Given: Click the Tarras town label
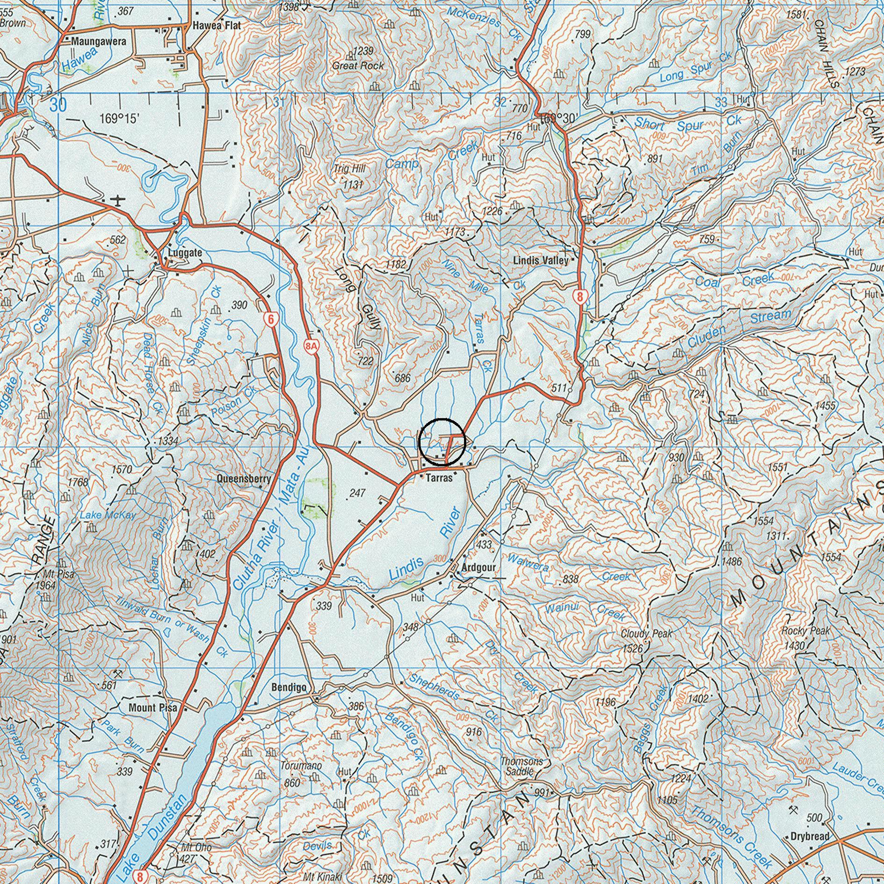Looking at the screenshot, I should tap(439, 478).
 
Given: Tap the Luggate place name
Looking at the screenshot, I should tap(185, 253).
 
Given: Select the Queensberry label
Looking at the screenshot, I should tap(244, 479).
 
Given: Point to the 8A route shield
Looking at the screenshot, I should tap(311, 346).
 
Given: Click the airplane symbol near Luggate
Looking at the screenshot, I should tap(118, 200).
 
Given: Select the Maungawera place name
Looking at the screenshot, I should tap(99, 42).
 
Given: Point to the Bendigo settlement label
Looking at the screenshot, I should tap(289, 688).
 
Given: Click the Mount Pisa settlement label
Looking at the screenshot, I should tap(153, 708).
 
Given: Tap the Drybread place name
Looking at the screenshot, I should tap(810, 837).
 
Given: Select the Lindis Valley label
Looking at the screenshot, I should tap(541, 261).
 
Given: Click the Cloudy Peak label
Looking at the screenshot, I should tap(646, 634).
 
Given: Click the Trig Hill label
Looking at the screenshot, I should tap(350, 169).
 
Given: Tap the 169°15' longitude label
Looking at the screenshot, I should tap(120, 119).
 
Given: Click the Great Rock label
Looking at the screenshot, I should tap(358, 66).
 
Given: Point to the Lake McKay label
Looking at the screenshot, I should tap(108, 515).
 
